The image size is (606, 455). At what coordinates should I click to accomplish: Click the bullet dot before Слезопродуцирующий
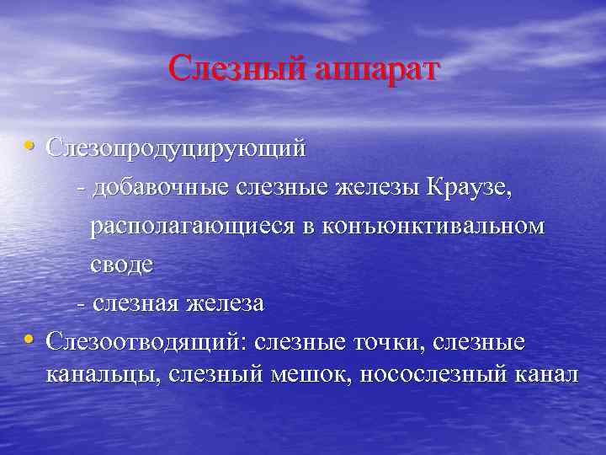pyautogui.click(x=30, y=147)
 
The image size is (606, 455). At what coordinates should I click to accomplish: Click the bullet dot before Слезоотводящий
pyautogui.click(x=30, y=340)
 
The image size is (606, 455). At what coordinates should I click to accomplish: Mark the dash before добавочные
pyautogui.click(x=80, y=189)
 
